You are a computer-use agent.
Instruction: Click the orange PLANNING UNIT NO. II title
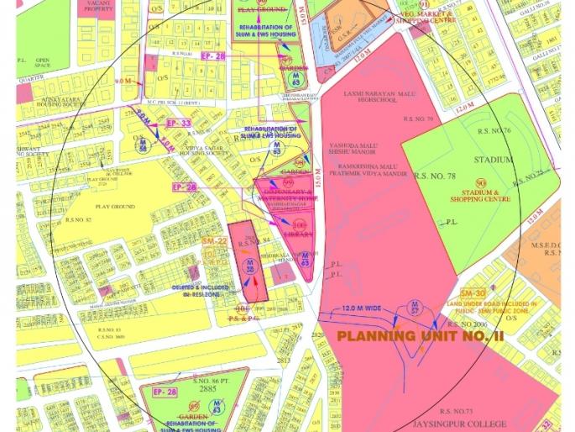[x=420, y=336]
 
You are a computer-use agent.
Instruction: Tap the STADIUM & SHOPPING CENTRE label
[x=481, y=197]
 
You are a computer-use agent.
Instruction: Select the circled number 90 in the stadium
[x=481, y=183]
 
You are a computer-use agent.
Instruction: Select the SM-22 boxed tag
[x=215, y=241]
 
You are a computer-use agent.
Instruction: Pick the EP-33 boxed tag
[x=179, y=124]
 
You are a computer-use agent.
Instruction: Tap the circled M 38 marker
[x=248, y=267]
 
